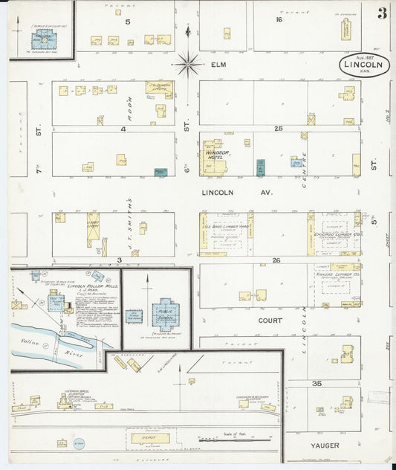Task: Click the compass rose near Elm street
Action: [x=188, y=64]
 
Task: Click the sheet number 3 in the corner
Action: [x=381, y=13]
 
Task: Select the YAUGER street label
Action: [x=325, y=445]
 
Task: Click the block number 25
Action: [x=278, y=129]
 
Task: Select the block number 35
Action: [x=316, y=384]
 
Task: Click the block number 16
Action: [x=279, y=20]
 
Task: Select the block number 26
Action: [x=277, y=260]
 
